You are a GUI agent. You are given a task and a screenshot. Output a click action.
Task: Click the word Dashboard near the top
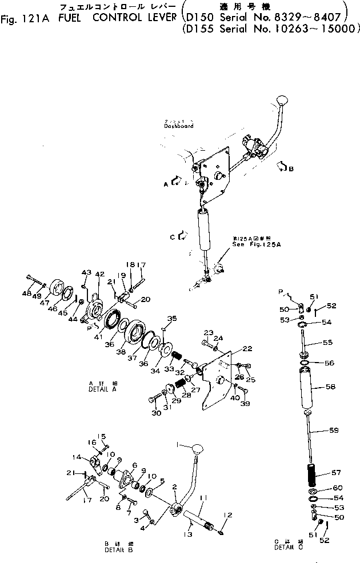(x=178, y=126)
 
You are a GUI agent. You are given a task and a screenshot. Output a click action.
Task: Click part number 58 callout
(x=330, y=387)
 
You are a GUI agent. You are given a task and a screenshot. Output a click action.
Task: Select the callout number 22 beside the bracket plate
(x=246, y=348)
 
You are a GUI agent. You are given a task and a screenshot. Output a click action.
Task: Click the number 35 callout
(x=171, y=318)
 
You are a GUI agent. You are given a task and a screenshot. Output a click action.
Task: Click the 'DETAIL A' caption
(x=103, y=388)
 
